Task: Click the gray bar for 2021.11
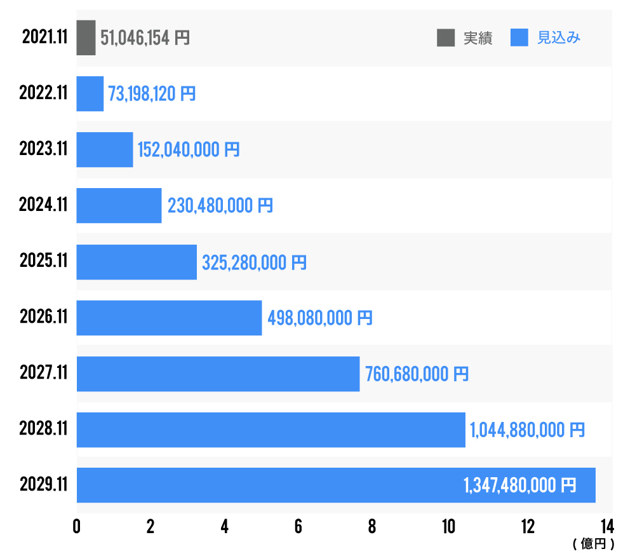pos(86,37)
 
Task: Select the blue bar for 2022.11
pos(90,94)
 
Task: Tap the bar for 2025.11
pos(137,262)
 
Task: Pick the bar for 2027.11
pos(218,374)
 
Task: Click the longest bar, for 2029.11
pos(267,485)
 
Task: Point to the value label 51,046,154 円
pos(145,38)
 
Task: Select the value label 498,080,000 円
pos(320,318)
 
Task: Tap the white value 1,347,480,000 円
pos(520,485)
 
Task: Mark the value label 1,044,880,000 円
pos(527,430)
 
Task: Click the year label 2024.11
pos(43,206)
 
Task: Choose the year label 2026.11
pos(43,318)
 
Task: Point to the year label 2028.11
pos(43,430)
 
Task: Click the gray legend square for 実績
pos(446,38)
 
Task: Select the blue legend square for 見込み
pos(519,38)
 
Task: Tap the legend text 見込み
pos(559,38)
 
